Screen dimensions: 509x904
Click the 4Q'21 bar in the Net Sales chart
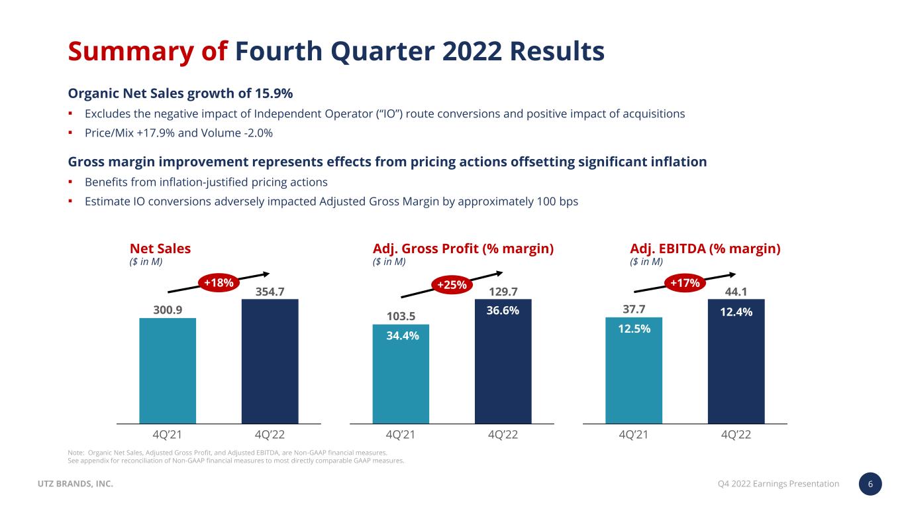[x=168, y=370]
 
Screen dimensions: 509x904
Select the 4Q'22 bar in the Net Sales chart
[x=270, y=361]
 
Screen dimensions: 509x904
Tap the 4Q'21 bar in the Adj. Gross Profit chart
[x=401, y=374]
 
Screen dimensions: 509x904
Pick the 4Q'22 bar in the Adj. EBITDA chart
[x=736, y=361]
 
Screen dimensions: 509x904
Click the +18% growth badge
[x=219, y=283]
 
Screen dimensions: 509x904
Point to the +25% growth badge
[x=452, y=285]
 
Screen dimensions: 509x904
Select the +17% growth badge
[x=685, y=283]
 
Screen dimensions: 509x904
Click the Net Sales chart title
[x=160, y=249]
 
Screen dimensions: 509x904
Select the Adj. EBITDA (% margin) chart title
[x=705, y=249]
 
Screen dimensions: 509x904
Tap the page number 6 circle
[x=870, y=484]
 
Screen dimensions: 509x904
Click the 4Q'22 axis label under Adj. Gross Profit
[x=503, y=435]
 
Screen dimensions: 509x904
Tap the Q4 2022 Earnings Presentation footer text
[x=778, y=484]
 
